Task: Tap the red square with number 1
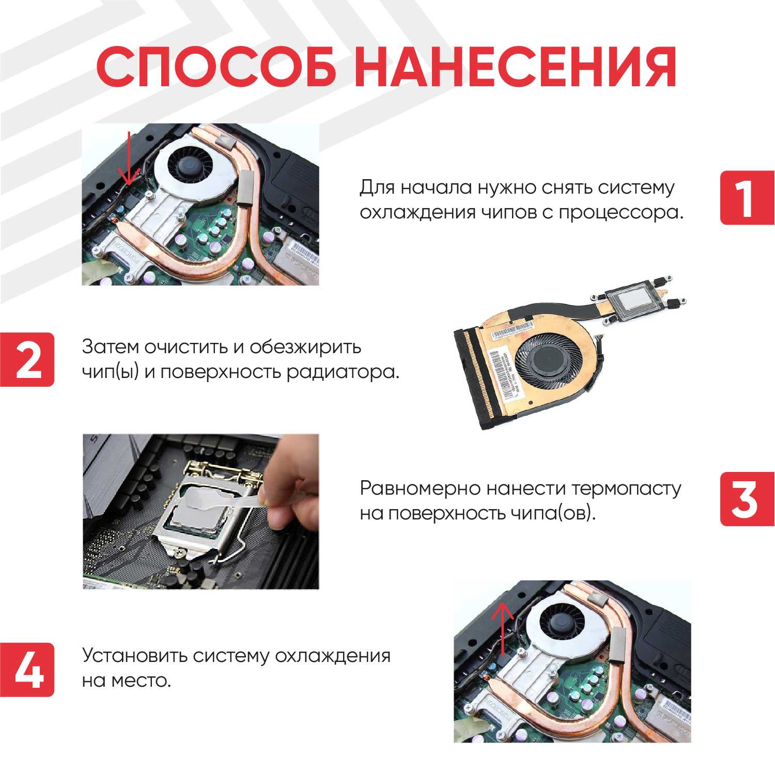point(747,198)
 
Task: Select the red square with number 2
point(27,359)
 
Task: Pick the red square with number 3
point(747,499)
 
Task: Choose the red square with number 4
point(27,670)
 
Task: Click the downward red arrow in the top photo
point(129,160)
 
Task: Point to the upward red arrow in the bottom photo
point(502,627)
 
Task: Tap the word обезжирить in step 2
point(305,347)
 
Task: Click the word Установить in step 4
point(134,656)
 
